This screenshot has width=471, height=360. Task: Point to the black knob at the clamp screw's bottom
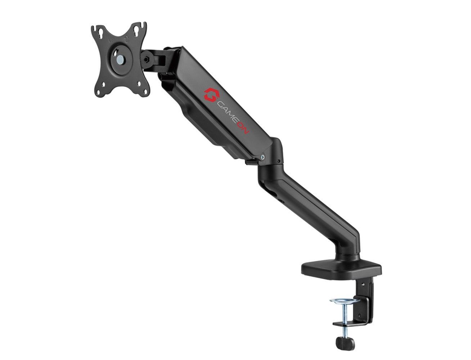pos(344,341)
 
